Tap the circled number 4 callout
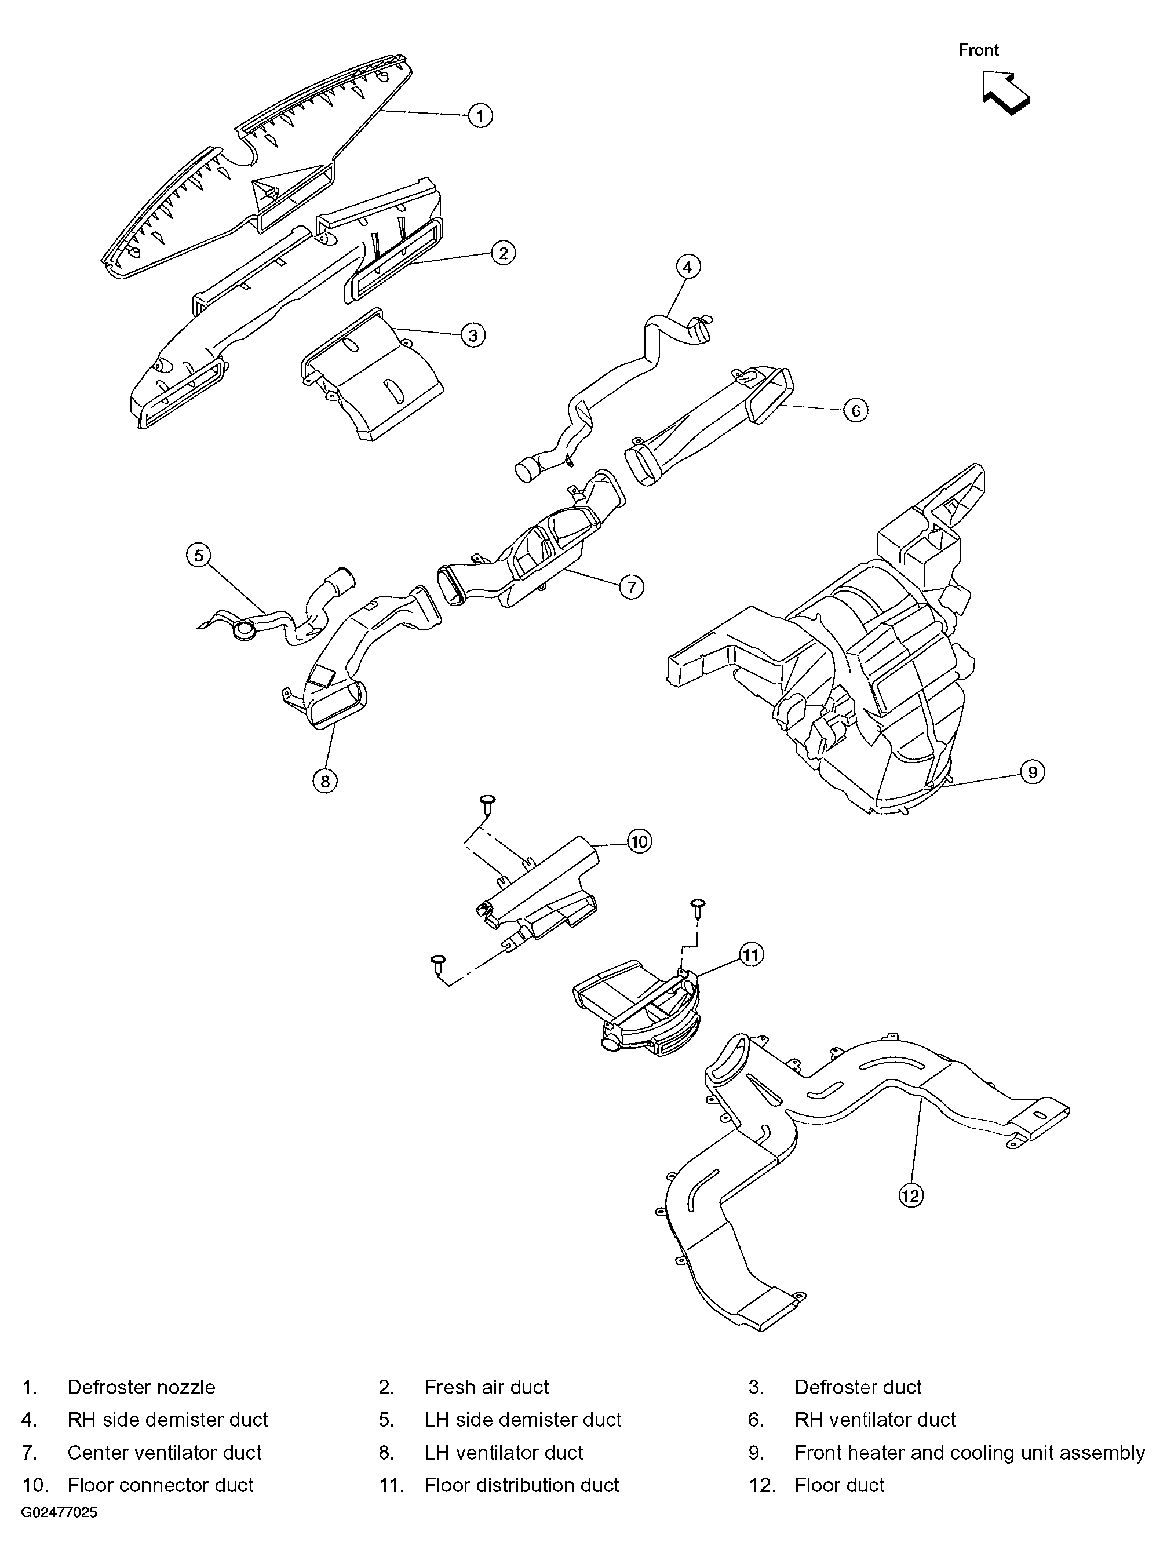(x=688, y=267)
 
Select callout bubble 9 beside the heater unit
(x=1032, y=772)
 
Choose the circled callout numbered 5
(x=199, y=555)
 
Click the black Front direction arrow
(x=1005, y=93)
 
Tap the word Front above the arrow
(x=978, y=50)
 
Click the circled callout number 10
(x=639, y=841)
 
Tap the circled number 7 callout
(x=631, y=586)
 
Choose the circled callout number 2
(x=503, y=253)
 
